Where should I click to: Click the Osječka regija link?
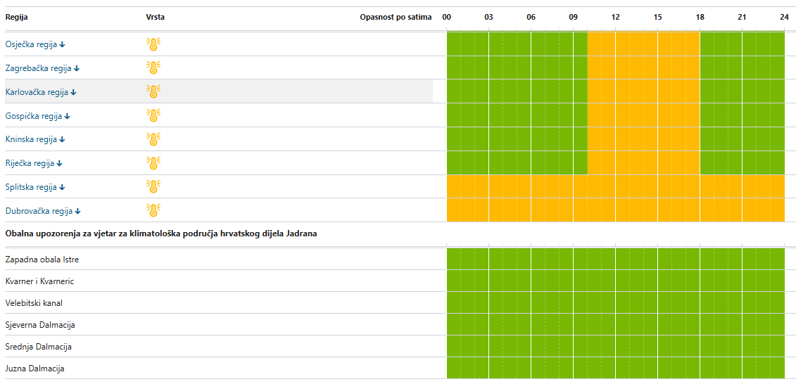pyautogui.click(x=35, y=44)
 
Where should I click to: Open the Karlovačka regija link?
pyautogui.click(x=41, y=92)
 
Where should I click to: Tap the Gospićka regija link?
pyautogui.click(x=37, y=115)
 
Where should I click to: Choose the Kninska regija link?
pyautogui.click(x=35, y=139)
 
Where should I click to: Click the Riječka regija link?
pyautogui.click(x=34, y=163)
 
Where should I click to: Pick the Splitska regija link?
pyautogui.click(x=35, y=186)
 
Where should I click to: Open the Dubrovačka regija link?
pyautogui.click(x=43, y=210)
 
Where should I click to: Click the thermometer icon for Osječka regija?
pyautogui.click(x=153, y=44)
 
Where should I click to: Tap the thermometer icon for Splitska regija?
pyautogui.click(x=153, y=186)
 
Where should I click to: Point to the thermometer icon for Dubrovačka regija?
pyautogui.click(x=153, y=210)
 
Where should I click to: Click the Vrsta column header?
pyautogui.click(x=156, y=18)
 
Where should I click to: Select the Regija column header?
pyautogui.click(x=16, y=18)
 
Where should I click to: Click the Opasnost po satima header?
pyautogui.click(x=396, y=18)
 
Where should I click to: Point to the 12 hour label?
pyautogui.click(x=615, y=18)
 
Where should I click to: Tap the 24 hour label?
pyautogui.click(x=784, y=18)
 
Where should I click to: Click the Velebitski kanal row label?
pyautogui.click(x=34, y=303)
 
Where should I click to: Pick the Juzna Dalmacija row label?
pyautogui.click(x=34, y=369)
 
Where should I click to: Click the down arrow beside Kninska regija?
pyautogui.click(x=63, y=139)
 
